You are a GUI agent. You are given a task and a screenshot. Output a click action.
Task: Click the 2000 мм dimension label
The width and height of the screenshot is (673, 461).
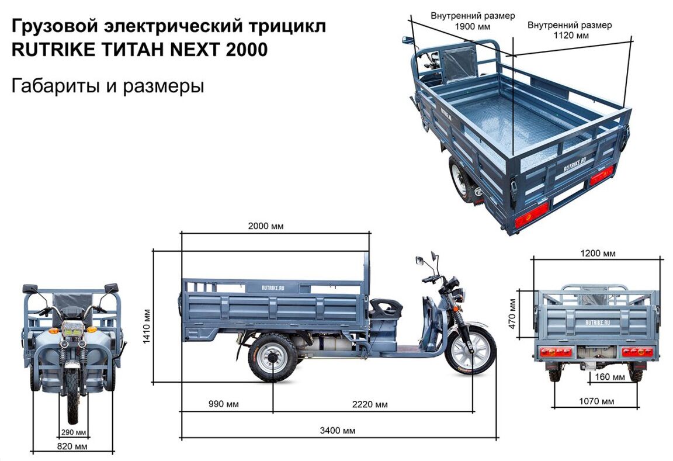pos(266,226)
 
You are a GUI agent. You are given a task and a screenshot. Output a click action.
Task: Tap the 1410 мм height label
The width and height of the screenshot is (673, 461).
pos(147,327)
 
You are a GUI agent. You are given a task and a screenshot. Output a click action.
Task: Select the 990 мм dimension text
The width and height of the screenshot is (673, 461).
pos(224,404)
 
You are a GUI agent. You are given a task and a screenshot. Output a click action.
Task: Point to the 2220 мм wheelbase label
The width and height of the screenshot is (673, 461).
pos(370,404)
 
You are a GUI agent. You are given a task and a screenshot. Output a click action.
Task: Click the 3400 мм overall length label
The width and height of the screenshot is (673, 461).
pos(337,431)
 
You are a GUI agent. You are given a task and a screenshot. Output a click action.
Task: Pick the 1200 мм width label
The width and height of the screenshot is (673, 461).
pos(598,253)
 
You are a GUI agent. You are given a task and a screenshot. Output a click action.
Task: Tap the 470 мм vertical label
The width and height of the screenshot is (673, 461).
pos(512,314)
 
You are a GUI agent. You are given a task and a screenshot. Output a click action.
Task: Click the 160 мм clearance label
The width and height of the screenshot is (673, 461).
pos(610,377)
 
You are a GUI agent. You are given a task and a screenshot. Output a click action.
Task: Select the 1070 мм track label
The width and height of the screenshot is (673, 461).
pos(596,401)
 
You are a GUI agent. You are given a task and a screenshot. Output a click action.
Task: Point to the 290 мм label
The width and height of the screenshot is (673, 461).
pos(74,432)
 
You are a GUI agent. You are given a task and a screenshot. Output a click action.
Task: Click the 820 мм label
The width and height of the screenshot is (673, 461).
pos(72,446)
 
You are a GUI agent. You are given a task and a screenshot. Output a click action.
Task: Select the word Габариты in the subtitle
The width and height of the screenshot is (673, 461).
pos(54,86)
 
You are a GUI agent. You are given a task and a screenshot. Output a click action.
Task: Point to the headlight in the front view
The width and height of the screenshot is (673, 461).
pos(71,330)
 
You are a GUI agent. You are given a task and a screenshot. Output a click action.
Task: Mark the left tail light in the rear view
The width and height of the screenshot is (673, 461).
pos(556,352)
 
